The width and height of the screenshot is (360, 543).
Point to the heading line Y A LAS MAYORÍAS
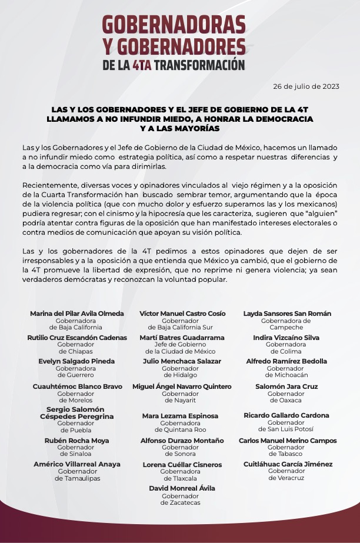[179, 128]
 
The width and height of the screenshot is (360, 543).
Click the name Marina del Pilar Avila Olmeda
[77, 314]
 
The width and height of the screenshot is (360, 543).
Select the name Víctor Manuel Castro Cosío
[182, 314]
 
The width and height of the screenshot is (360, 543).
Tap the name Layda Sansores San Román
[287, 314]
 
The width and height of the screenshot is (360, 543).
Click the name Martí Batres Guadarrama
[182, 338]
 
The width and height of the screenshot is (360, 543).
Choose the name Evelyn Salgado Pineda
[76, 361]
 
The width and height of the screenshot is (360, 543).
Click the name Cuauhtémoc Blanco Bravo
[76, 387]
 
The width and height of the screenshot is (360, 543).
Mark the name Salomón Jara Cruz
[286, 387]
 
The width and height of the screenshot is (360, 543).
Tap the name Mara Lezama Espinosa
[180, 416]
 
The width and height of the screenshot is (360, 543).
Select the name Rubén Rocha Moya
[76, 441]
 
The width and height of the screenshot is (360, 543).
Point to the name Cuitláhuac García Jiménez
[288, 464]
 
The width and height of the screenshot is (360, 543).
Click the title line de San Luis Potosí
[286, 429]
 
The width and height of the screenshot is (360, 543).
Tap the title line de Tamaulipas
[77, 478]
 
